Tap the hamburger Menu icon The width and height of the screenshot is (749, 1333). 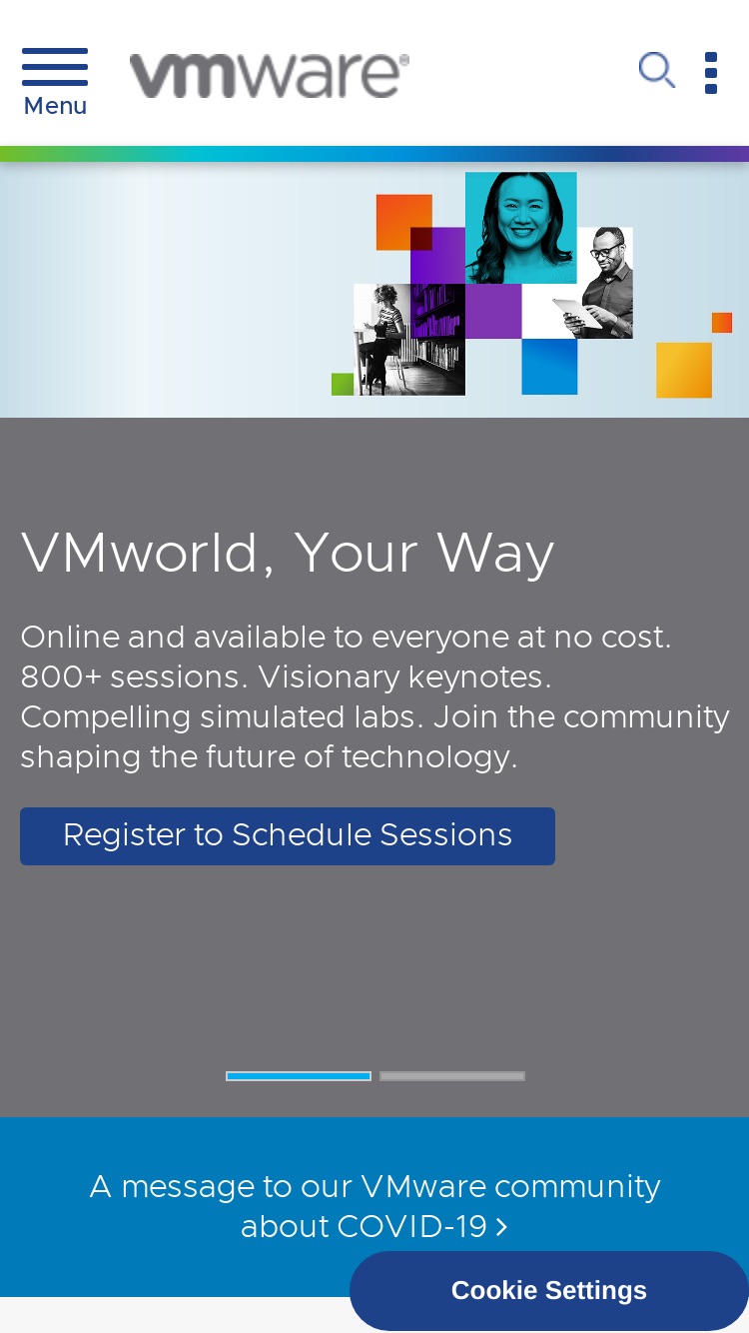pyautogui.click(x=55, y=67)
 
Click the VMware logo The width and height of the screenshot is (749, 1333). pyautogui.click(x=270, y=76)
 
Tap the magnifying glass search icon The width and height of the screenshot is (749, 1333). pyautogui.click(x=657, y=70)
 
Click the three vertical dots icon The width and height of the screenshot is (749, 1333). pyautogui.click(x=710, y=73)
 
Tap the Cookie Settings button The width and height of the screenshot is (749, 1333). pyautogui.click(x=548, y=1290)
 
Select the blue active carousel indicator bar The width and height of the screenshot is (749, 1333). pyautogui.click(x=299, y=1076)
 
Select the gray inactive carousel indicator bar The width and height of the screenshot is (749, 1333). pyautogui.click(x=452, y=1076)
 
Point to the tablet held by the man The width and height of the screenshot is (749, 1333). pyautogui.click(x=577, y=313)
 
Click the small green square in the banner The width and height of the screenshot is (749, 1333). pyautogui.click(x=343, y=384)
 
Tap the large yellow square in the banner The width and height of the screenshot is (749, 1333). pyautogui.click(x=683, y=370)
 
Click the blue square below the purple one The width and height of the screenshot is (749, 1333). pyautogui.click(x=549, y=366)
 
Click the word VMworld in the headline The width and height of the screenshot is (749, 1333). pyautogui.click(x=140, y=553)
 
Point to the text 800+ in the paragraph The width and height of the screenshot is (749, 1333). pyautogui.click(x=61, y=677)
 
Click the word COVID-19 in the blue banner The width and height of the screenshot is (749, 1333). pyautogui.click(x=412, y=1226)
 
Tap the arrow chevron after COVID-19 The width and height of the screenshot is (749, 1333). pyautogui.click(x=501, y=1227)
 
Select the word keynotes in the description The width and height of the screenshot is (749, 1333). pyautogui.click(x=476, y=677)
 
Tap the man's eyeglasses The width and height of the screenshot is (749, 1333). pyautogui.click(x=605, y=250)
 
